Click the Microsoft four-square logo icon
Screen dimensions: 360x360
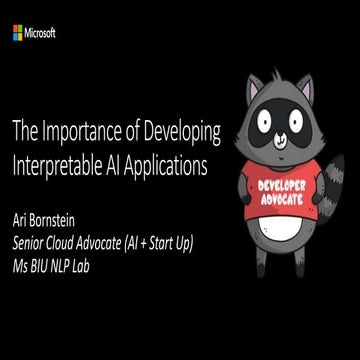pos(19,33)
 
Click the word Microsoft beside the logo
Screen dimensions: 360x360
pos(42,33)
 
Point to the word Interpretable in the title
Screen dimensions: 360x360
pos(58,163)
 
